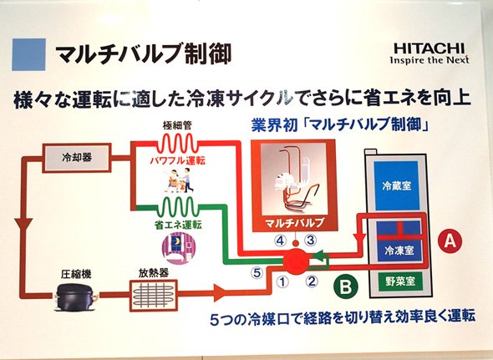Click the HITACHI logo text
429,48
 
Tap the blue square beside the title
29,54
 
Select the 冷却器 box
77,158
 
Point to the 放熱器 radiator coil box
154,295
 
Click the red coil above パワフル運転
177,144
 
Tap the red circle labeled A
450,241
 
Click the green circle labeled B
346,286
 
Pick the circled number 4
280,241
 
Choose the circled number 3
310,241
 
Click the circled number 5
257,272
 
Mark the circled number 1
282,281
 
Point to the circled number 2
311,281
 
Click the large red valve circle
296,261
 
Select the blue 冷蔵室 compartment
397,185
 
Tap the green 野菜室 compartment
400,281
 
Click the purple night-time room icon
178,247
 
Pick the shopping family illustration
178,180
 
